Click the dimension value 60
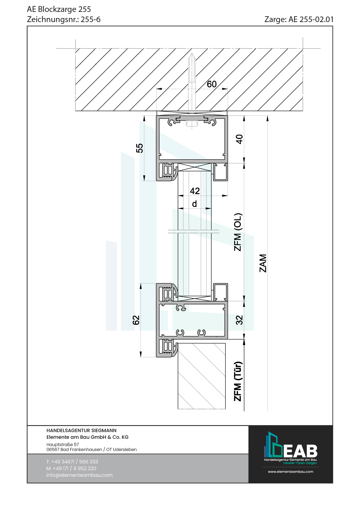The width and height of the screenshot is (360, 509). coord(212,84)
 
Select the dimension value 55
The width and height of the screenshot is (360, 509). coord(140,148)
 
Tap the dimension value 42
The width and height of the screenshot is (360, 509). coord(195,191)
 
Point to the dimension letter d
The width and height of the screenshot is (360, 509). coord(195,204)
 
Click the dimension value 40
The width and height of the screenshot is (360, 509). coord(239,139)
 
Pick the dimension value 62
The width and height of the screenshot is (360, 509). coord(136,320)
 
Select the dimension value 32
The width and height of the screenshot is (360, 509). coord(239,320)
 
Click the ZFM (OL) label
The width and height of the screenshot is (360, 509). coord(238,232)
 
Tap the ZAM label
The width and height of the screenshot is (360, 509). coord(263,263)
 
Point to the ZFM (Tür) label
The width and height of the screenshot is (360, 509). coord(238,381)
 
